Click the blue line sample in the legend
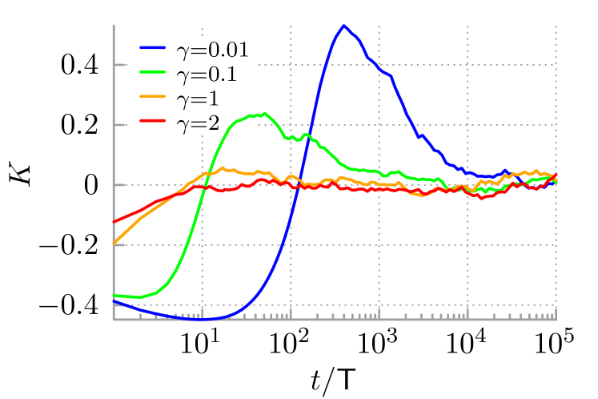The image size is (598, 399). [153, 47]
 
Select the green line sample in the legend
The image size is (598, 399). [153, 71]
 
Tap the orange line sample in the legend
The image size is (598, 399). [153, 96]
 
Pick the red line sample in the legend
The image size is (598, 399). [153, 121]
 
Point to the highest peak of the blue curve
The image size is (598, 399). [343, 26]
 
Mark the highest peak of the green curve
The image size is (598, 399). [264, 113]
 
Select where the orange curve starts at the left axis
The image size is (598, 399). [114, 243]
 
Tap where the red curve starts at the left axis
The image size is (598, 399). [114, 221]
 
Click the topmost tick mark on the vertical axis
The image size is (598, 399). [120, 65]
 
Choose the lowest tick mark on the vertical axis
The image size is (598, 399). [120, 305]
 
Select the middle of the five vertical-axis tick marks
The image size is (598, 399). [120, 185]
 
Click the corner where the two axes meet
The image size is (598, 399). [114, 320]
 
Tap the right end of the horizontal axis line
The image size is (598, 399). [556, 320]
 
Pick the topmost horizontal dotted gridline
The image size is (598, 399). [400, 65]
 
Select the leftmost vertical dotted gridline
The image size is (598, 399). [202, 240]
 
